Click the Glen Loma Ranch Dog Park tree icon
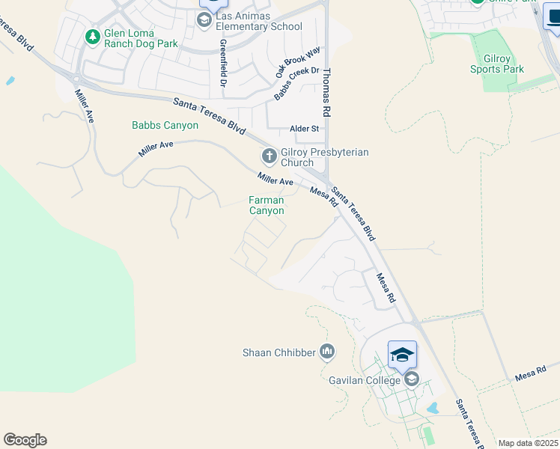92,36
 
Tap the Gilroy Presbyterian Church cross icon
269,156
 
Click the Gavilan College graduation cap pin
402,355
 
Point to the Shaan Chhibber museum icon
326,351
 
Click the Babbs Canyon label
165,125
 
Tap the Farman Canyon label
267,205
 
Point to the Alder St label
305,129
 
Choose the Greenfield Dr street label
223,63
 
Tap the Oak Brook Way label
297,61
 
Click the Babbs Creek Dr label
296,84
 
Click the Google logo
25,440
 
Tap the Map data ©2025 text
528,443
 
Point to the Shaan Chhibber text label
279,352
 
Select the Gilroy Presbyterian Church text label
324,157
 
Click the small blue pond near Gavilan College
432,409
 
